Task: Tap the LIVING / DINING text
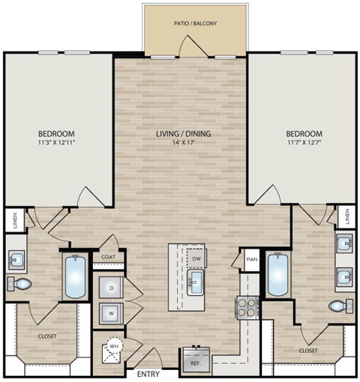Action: coord(183,134)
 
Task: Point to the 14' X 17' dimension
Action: coord(183,143)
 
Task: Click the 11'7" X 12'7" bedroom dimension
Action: coord(304,142)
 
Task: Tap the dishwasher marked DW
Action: coord(196,258)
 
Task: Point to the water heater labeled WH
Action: coord(115,348)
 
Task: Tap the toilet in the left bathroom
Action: coord(20,284)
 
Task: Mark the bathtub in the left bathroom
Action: coord(76,278)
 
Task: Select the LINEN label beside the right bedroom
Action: coord(348,217)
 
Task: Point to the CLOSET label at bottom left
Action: coord(46,336)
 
